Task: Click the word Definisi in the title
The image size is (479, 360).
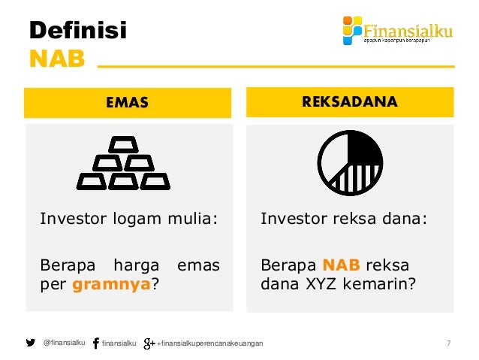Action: tap(78, 31)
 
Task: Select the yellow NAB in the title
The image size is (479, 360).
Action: tap(57, 59)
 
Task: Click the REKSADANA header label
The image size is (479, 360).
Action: tap(350, 102)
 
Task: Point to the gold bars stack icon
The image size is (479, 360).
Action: tap(123, 163)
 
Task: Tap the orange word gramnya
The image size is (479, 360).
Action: tap(105, 286)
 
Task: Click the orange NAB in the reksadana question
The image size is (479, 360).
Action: tap(341, 265)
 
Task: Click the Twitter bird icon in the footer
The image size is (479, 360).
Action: tap(31, 343)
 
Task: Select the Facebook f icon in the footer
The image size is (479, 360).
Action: tap(95, 343)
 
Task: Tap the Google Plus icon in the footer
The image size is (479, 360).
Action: tap(149, 343)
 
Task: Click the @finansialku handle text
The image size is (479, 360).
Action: tap(64, 343)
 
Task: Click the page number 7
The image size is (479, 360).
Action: tap(448, 343)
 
